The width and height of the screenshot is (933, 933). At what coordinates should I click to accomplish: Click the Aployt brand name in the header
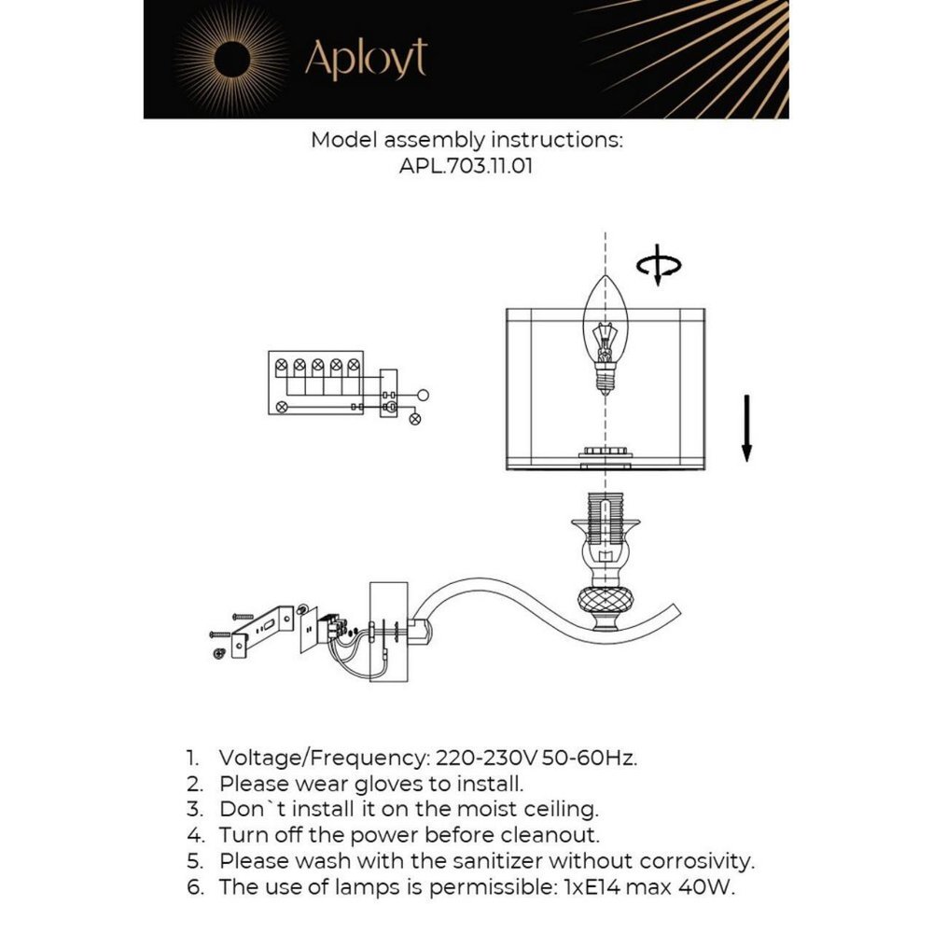click(x=365, y=61)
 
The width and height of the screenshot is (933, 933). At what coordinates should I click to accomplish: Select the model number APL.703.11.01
click(x=466, y=167)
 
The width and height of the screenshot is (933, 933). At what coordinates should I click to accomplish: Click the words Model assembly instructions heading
click(x=466, y=141)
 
